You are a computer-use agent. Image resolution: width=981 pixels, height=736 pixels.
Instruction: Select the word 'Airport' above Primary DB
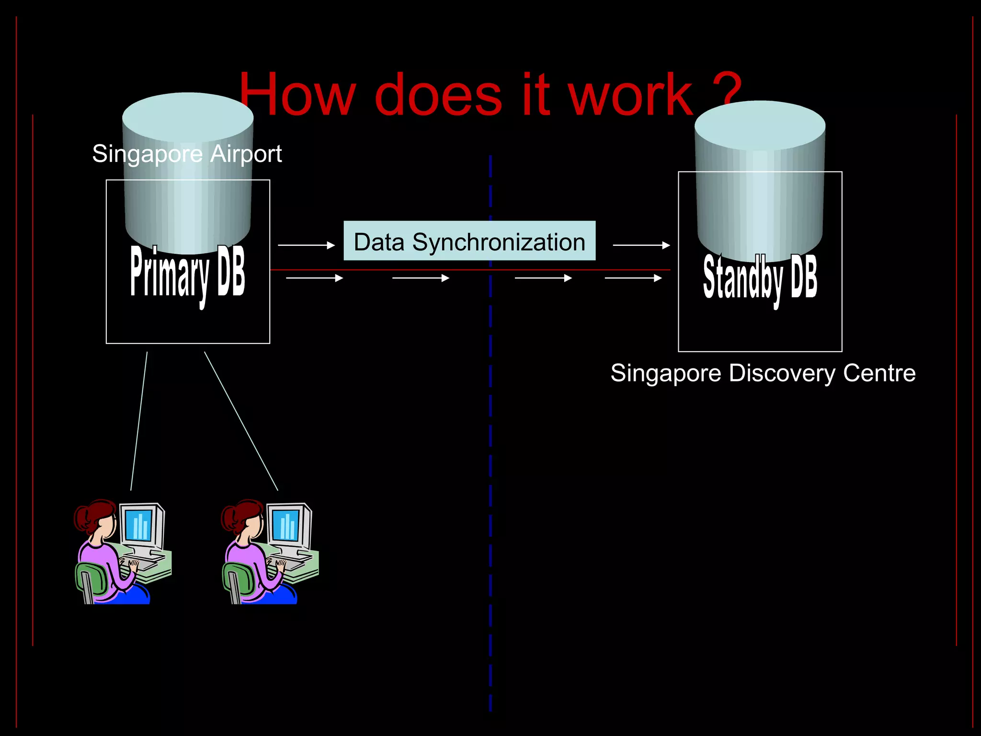pos(246,154)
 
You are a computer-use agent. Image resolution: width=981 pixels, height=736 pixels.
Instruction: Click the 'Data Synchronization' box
pos(469,241)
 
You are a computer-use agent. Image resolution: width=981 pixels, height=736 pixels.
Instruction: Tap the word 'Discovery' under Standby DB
pos(782,373)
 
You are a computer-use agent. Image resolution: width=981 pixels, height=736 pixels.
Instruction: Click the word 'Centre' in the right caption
pos(879,373)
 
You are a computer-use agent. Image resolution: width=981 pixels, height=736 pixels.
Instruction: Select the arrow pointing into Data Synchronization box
pos(306,245)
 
